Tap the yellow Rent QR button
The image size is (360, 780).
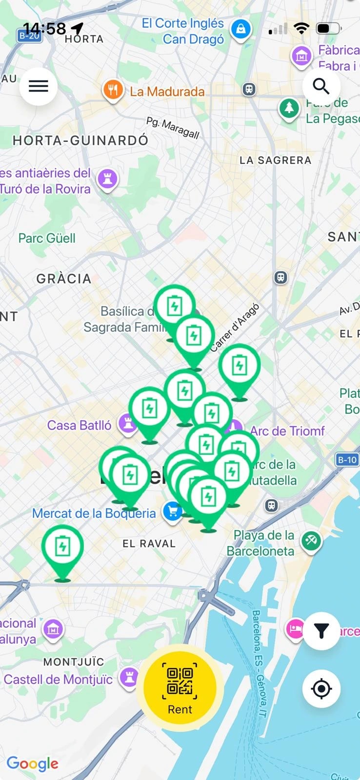click(x=180, y=687)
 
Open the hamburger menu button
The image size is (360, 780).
click(x=39, y=87)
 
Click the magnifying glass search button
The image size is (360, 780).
click(x=321, y=86)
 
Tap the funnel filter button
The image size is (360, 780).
click(x=321, y=631)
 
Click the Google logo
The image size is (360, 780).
click(x=32, y=763)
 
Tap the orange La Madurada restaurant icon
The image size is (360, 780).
click(x=113, y=91)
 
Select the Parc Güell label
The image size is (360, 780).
click(x=47, y=238)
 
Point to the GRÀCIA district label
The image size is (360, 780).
click(x=64, y=279)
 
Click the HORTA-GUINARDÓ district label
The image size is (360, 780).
click(x=80, y=141)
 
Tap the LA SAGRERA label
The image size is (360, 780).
click(x=275, y=160)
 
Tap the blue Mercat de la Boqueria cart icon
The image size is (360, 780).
click(x=172, y=511)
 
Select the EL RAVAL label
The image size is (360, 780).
click(x=149, y=544)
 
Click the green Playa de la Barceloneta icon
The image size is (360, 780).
click(x=311, y=540)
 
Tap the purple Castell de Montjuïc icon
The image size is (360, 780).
click(x=129, y=677)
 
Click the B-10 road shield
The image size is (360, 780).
click(x=347, y=460)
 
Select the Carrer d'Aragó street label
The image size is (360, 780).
click(x=235, y=327)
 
